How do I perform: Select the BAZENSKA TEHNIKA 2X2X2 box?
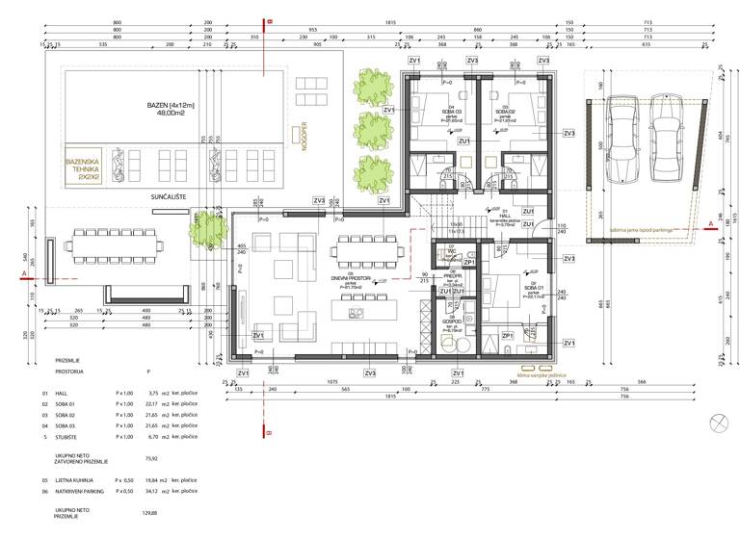tap(85, 169)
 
